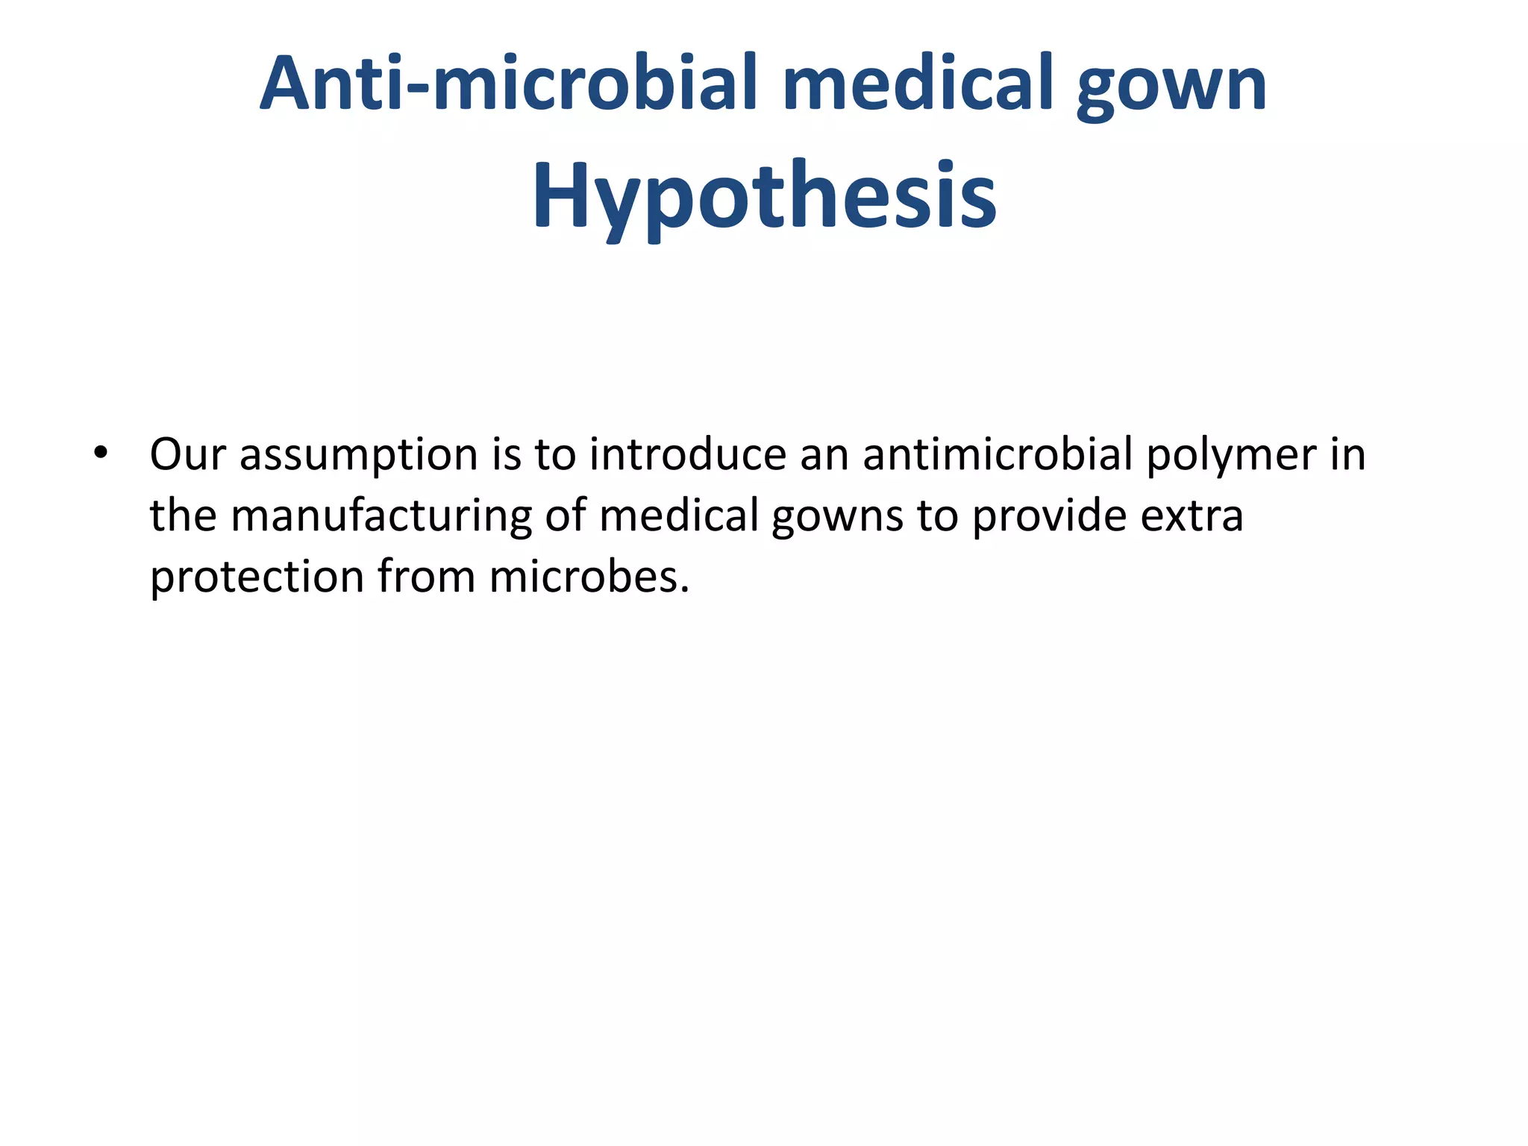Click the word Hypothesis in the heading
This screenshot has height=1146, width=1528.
click(764, 195)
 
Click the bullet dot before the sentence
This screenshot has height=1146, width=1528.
click(101, 453)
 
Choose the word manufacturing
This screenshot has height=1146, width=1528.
click(381, 516)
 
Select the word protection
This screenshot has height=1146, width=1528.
click(256, 577)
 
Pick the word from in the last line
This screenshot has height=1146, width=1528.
click(426, 577)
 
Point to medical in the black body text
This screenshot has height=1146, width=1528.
click(678, 516)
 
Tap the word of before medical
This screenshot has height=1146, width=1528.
click(566, 516)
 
